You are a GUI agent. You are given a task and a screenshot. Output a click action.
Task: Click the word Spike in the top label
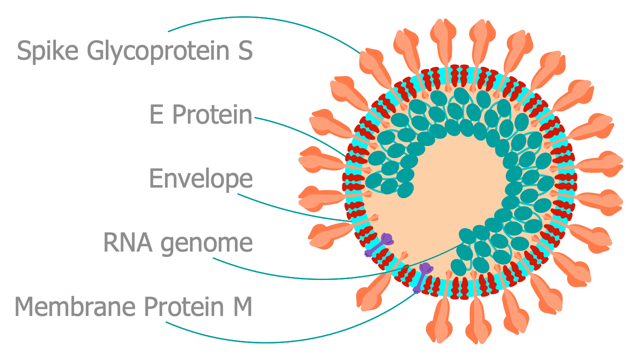click(47, 51)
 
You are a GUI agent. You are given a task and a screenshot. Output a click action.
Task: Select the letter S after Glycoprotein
click(245, 51)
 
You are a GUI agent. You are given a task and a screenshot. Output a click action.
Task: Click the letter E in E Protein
click(156, 115)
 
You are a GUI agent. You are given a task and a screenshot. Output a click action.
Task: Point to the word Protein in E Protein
click(212, 115)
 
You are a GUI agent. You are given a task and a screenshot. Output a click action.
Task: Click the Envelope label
click(201, 179)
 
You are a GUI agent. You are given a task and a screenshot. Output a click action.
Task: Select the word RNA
click(127, 243)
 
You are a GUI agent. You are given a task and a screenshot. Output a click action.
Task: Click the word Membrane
click(77, 307)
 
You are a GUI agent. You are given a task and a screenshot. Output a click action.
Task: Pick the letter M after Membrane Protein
click(243, 307)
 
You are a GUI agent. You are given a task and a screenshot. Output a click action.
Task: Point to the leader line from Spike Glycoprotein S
click(254, 18)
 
